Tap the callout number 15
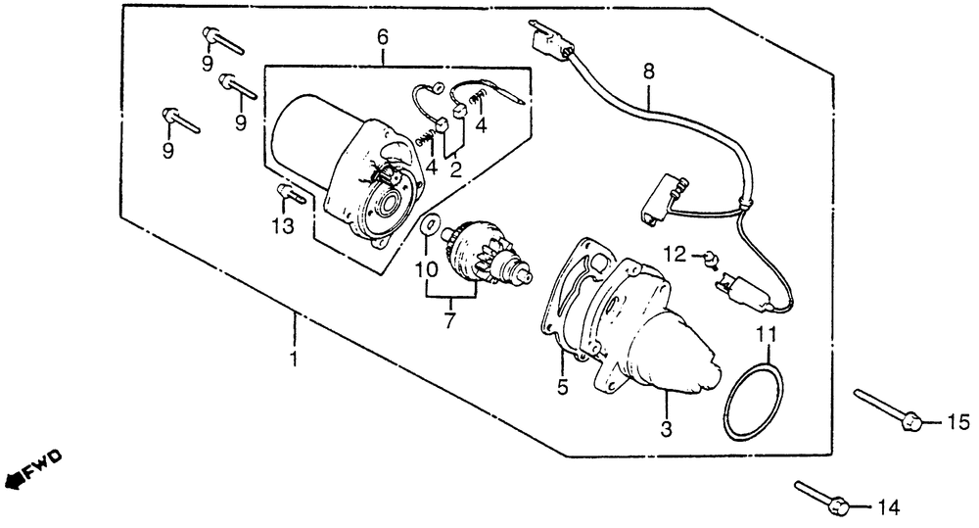coord(958,423)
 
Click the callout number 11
coord(768,335)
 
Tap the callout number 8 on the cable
coord(647,72)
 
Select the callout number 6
coord(382,37)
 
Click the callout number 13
coord(282,228)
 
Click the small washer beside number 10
coord(430,226)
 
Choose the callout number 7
coord(450,320)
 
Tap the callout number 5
coord(562,387)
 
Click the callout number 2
coord(455,168)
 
